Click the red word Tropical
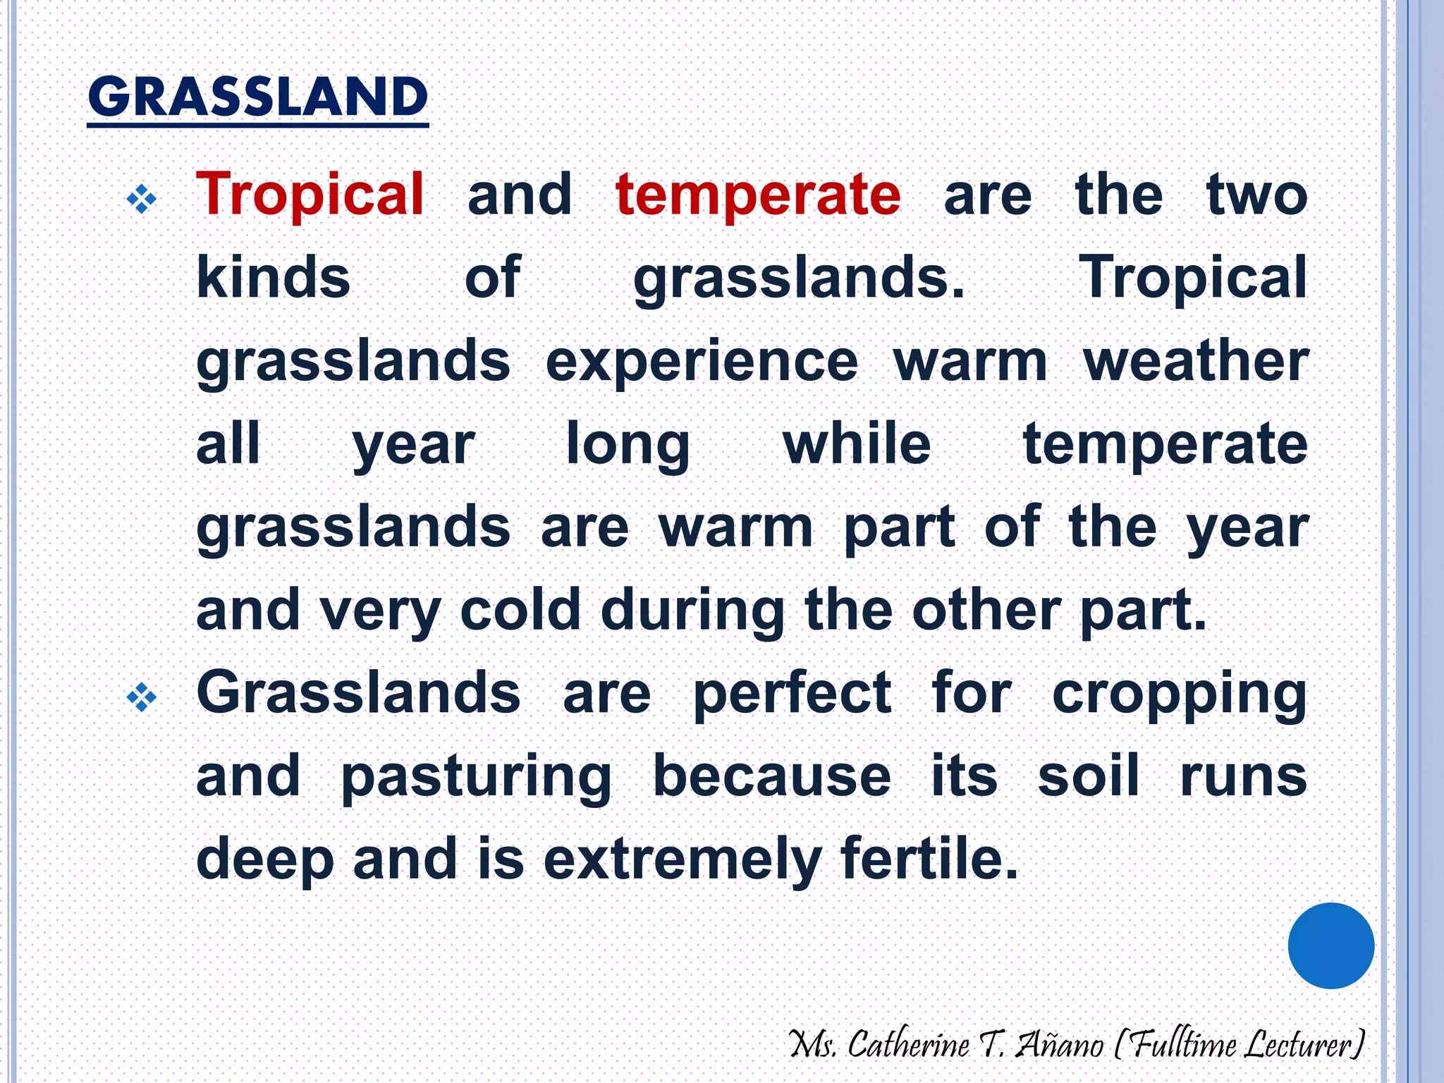coord(310,195)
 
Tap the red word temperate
coord(758,195)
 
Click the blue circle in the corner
coord(1330,946)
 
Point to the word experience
coord(702,362)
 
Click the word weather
coord(1196,362)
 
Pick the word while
coord(857,444)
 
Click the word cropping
coord(1180,695)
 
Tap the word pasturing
coord(476,777)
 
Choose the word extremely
coord(683,859)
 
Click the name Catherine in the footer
coord(908,1044)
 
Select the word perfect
coord(792,695)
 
